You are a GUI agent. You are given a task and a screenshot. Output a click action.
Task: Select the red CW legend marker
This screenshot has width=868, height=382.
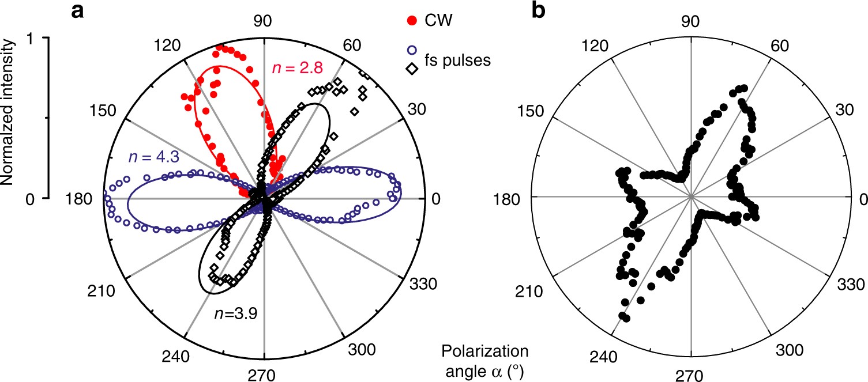pyautogui.click(x=410, y=22)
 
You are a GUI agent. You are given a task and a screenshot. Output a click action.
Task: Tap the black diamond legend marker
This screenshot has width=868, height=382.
pyautogui.click(x=410, y=69)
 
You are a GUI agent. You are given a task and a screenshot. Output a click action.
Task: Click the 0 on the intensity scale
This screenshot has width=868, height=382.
pyautogui.click(x=30, y=199)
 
